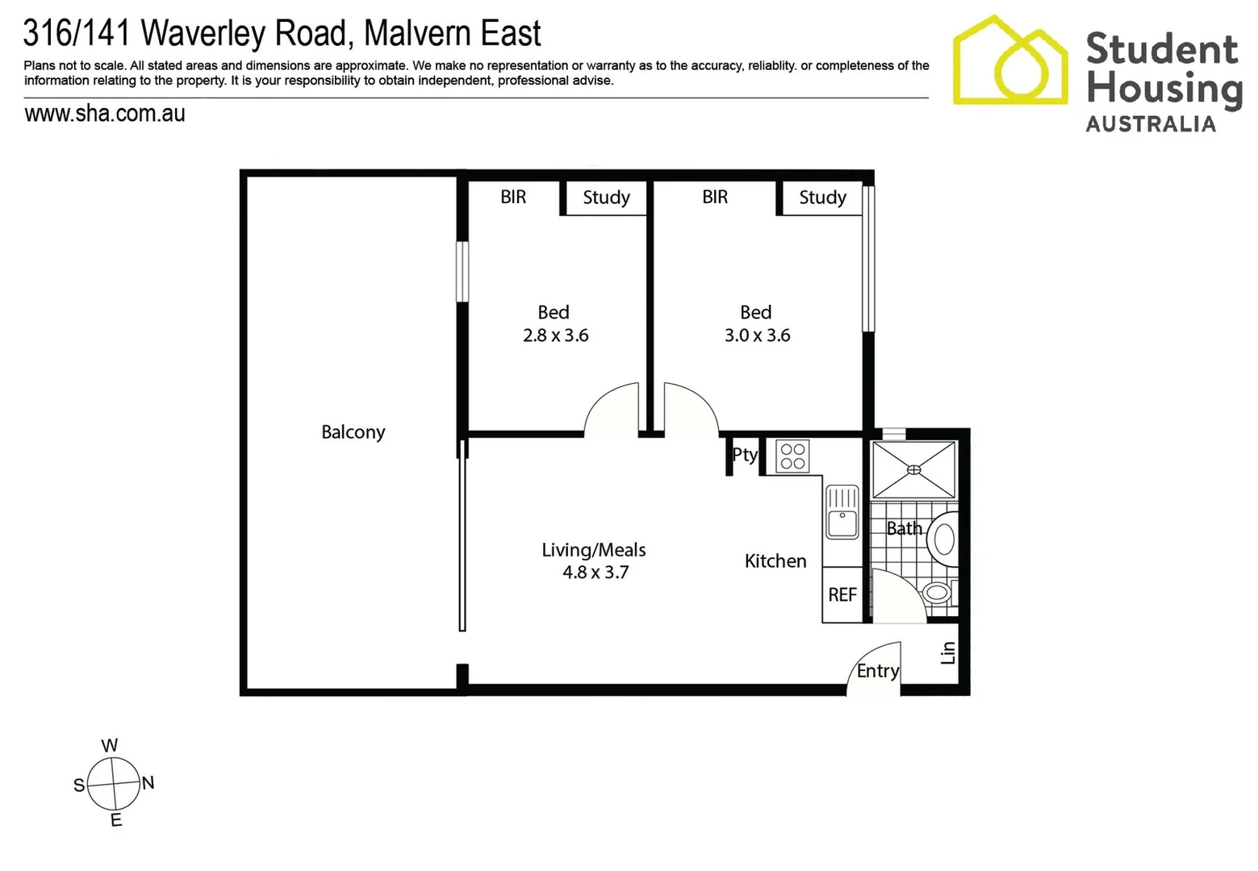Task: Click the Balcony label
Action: [x=353, y=432]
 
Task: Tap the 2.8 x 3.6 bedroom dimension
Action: [x=555, y=335]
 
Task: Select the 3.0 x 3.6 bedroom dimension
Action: [x=757, y=335]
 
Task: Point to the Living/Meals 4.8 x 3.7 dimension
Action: [x=595, y=573]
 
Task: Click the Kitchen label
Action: [x=775, y=561]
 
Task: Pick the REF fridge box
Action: [x=842, y=595]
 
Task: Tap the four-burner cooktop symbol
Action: [x=792, y=456]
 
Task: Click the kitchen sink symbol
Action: [x=842, y=511]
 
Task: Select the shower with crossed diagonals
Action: [x=913, y=469]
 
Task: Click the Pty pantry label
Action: [x=744, y=455]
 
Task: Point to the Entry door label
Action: [x=877, y=671]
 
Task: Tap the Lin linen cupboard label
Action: [x=948, y=652]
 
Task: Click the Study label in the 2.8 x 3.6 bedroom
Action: [x=606, y=198]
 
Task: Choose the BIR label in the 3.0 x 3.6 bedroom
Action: [x=714, y=197]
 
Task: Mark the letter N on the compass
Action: [x=148, y=782]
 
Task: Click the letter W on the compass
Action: [x=110, y=745]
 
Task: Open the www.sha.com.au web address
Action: [x=105, y=114]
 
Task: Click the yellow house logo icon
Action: [x=1009, y=61]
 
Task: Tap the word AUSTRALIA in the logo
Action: [x=1150, y=124]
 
